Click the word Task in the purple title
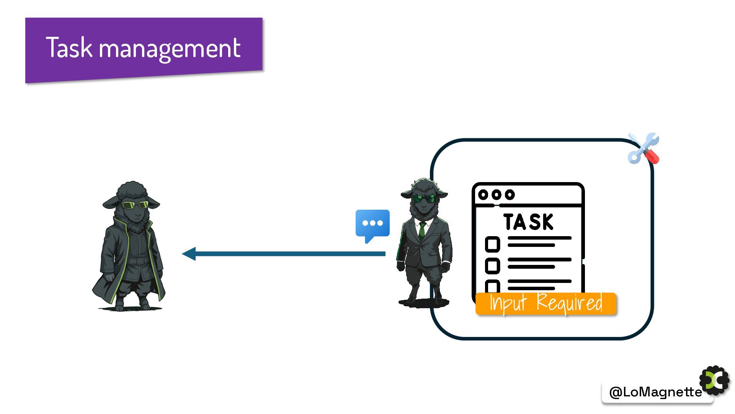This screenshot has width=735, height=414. click(69, 48)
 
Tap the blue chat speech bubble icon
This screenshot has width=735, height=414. click(372, 223)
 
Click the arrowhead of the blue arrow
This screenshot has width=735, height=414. click(189, 253)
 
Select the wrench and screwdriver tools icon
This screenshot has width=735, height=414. click(644, 149)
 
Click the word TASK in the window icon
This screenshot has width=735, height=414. click(528, 222)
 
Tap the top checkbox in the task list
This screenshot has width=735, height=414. click(492, 244)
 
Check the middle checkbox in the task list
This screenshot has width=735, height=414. click(492, 266)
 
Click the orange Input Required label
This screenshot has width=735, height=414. click(546, 304)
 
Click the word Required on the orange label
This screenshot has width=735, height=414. click(569, 303)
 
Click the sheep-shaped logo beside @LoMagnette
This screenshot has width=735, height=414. click(715, 381)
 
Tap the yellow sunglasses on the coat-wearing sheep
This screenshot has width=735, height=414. click(135, 205)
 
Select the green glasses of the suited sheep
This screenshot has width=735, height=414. click(424, 199)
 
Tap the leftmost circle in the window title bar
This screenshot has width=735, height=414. click(483, 195)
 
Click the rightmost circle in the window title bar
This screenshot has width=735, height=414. click(510, 195)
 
